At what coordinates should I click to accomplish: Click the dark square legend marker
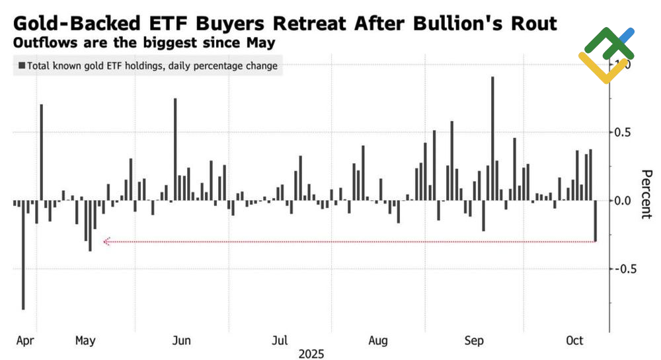pos(22,65)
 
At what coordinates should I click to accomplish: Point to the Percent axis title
pos(647,194)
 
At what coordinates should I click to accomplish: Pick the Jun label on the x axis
pos(181,341)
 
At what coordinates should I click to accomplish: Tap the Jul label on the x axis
pos(280,341)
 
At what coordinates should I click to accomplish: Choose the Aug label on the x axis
pos(377,341)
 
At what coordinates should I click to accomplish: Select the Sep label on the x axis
pos(475,341)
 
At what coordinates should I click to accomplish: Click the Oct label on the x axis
pos(575,341)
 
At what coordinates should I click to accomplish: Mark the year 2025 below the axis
pos(311,353)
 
